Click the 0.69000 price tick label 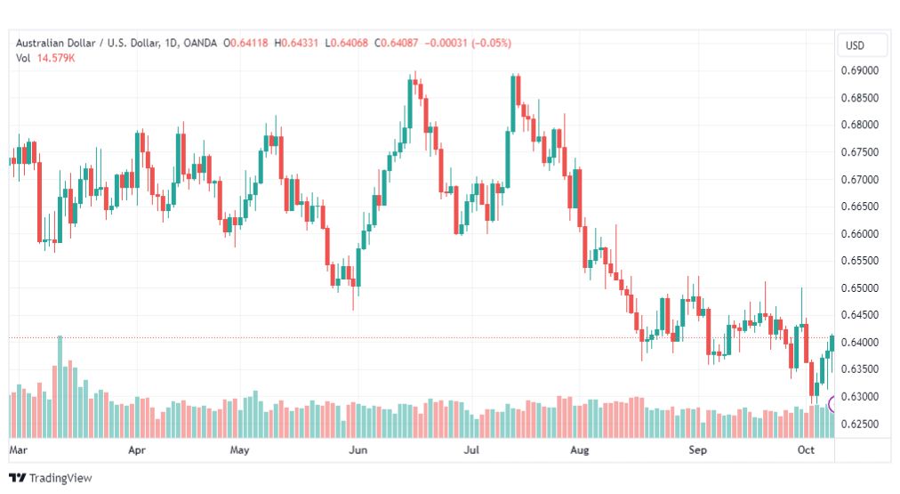coord(860,70)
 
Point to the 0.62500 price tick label coord(860,424)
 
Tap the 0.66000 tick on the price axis coord(860,234)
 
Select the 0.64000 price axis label coord(860,343)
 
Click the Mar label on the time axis coord(19,449)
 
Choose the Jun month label coord(358,449)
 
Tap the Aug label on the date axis coord(580,449)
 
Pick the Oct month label coord(806,449)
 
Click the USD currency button coord(855,45)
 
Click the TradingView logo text coord(60,478)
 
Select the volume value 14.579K coord(56,58)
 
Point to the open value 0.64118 coord(249,43)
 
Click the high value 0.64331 coord(299,43)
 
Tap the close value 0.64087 coord(399,43)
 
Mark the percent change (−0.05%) coord(491,43)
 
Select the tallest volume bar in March coord(60,386)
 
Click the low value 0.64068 coord(349,43)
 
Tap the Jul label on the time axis coord(471,449)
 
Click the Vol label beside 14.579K coord(23,58)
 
